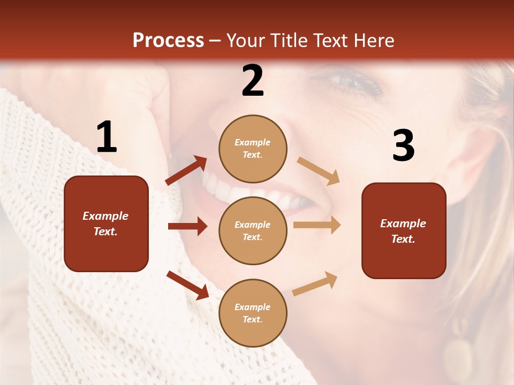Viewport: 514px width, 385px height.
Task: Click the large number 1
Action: (x=107, y=137)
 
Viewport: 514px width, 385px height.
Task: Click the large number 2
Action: (x=253, y=81)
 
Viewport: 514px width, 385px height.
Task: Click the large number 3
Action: (x=403, y=145)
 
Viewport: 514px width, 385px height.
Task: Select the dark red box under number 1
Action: (x=106, y=224)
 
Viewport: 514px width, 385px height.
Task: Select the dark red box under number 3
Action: (x=404, y=230)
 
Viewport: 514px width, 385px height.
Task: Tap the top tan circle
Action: (x=253, y=149)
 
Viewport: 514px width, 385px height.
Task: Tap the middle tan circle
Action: (x=253, y=230)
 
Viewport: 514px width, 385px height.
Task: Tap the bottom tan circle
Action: (x=253, y=313)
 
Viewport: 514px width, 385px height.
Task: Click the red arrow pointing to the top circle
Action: (x=186, y=170)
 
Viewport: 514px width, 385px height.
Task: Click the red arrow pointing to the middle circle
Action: (x=187, y=226)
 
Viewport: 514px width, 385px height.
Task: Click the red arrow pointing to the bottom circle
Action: (x=187, y=284)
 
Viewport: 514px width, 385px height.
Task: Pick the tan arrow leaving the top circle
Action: (x=319, y=171)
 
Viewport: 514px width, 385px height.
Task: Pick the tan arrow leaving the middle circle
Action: (x=317, y=225)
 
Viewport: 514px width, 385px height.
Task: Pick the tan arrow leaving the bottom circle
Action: (x=315, y=283)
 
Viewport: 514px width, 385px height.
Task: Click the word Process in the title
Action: (x=168, y=40)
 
